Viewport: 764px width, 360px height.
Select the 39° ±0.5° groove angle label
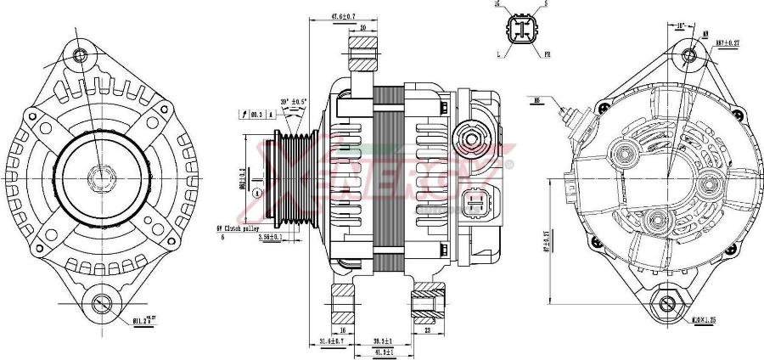[293, 103]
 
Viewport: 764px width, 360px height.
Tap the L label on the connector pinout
[498, 54]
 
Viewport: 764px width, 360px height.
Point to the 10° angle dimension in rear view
[679, 25]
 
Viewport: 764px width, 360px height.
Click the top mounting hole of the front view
[81, 55]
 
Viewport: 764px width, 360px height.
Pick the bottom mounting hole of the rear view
[667, 303]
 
